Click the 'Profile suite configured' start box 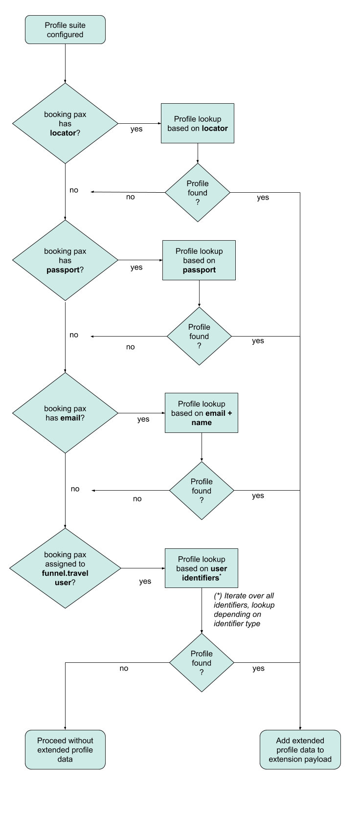click(65, 30)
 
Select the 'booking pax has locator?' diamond click(65, 123)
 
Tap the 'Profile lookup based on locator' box click(198, 123)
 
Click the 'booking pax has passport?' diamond click(65, 260)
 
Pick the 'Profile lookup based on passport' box click(199, 260)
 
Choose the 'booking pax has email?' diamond click(65, 413)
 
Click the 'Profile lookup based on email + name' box click(202, 413)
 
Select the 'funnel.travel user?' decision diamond click(65, 568)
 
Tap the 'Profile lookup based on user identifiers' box click(202, 568)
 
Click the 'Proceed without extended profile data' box click(65, 750)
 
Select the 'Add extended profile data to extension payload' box click(300, 750)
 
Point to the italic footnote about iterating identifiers click(244, 610)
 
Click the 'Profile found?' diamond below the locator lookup click(198, 193)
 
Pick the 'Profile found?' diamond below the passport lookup click(199, 337)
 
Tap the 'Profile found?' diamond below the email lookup click(202, 491)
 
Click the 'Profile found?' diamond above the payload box click(202, 663)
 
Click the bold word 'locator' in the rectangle click(215, 129)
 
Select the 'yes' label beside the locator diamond click(136, 129)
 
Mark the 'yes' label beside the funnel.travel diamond click(145, 582)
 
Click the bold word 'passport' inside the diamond click(63, 270)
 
